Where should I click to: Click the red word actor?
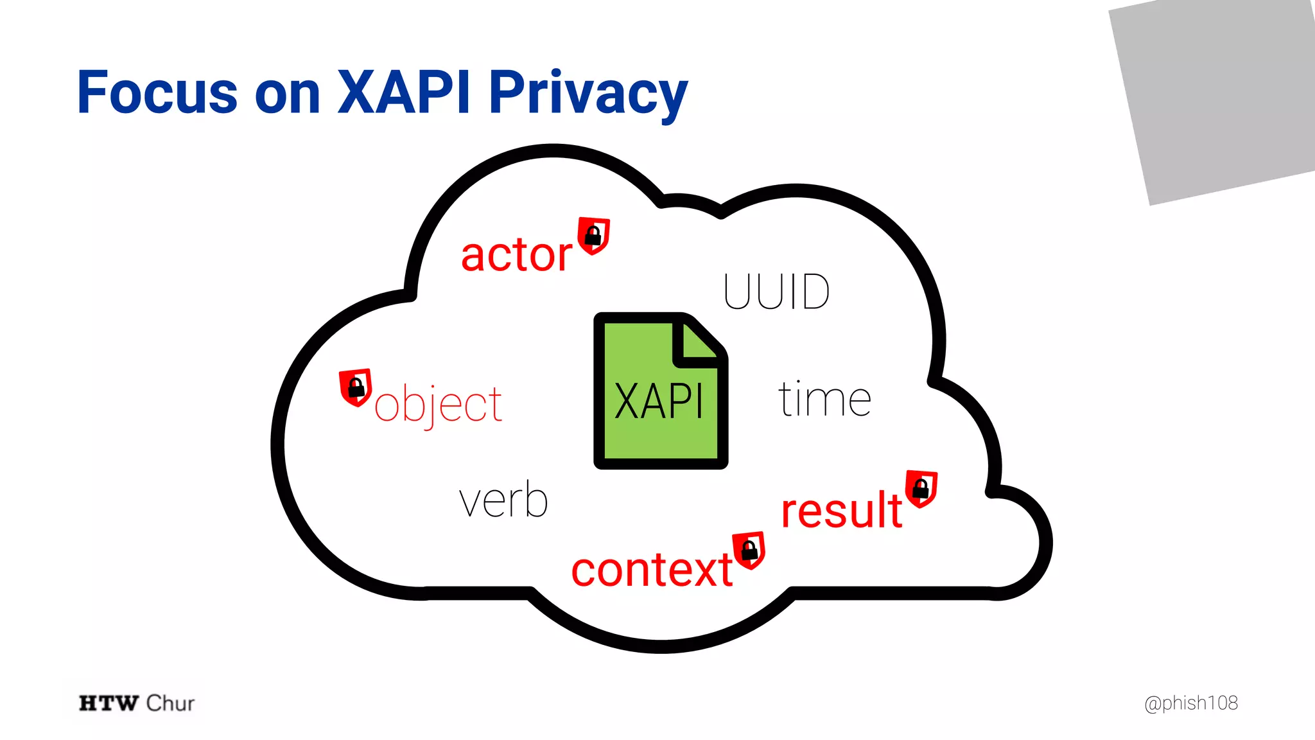[516, 255]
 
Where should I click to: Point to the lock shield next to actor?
[593, 236]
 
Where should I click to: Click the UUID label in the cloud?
[776, 292]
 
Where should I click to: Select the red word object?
[438, 405]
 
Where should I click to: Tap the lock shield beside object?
[356, 387]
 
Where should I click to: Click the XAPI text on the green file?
[659, 401]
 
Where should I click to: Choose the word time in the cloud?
[824, 400]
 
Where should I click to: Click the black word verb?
[503, 500]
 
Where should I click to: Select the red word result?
[842, 511]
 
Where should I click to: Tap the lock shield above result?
[921, 489]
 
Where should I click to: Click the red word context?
[652, 570]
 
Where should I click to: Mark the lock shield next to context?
[749, 550]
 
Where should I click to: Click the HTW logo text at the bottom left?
[109, 703]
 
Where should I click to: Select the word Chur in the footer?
[170, 703]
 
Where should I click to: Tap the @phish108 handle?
[1191, 703]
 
